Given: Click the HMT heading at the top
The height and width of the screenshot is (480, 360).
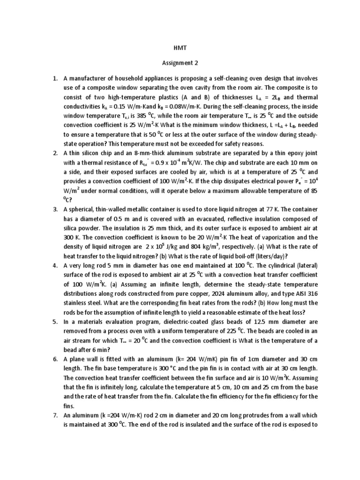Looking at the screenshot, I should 180,48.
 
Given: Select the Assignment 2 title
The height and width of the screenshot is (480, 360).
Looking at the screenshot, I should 180,62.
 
